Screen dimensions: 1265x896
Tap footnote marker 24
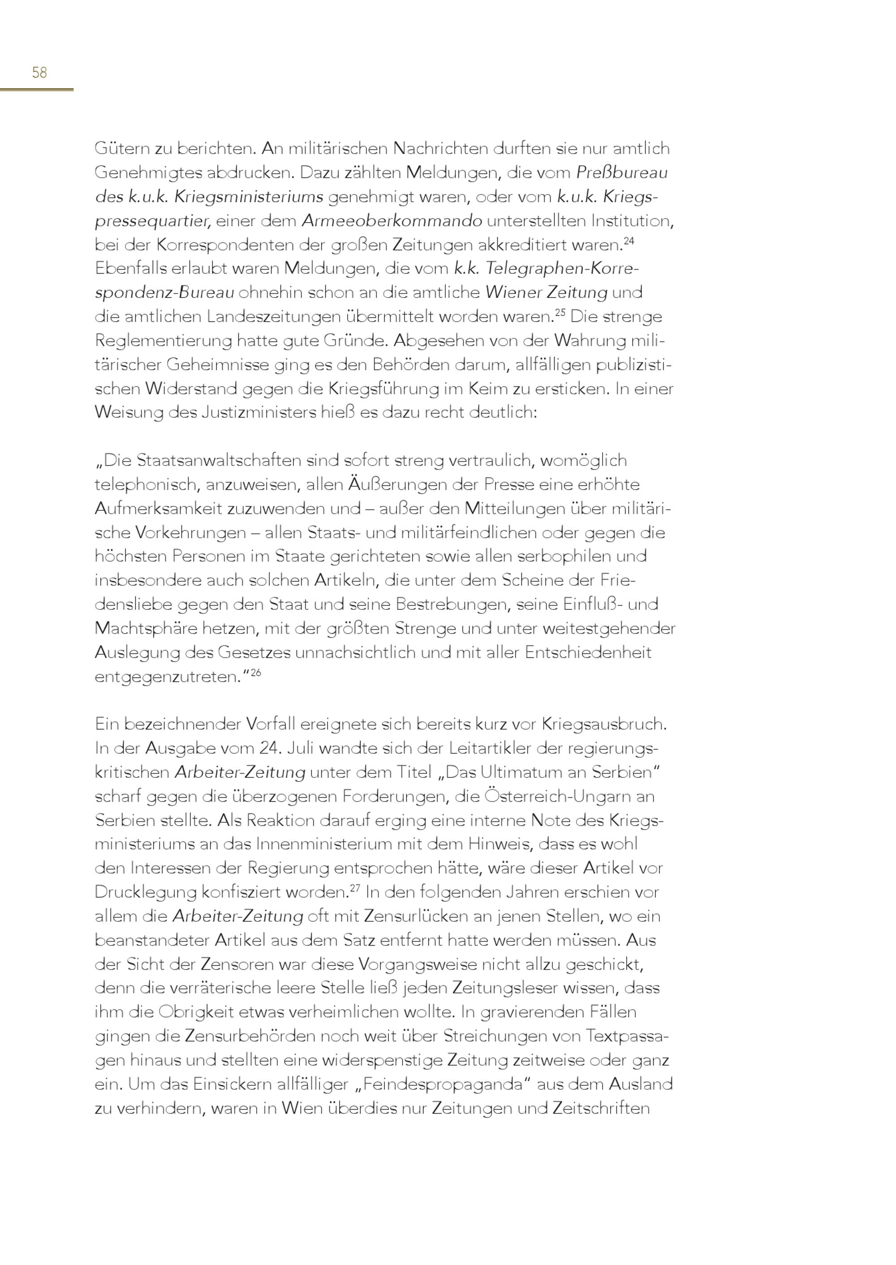pos(629,241)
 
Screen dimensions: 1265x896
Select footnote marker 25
pos(560,313)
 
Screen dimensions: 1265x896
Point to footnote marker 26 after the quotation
pos(255,673)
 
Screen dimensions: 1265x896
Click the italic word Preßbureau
pos(622,173)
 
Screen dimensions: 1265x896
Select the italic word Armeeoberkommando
pos(392,221)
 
